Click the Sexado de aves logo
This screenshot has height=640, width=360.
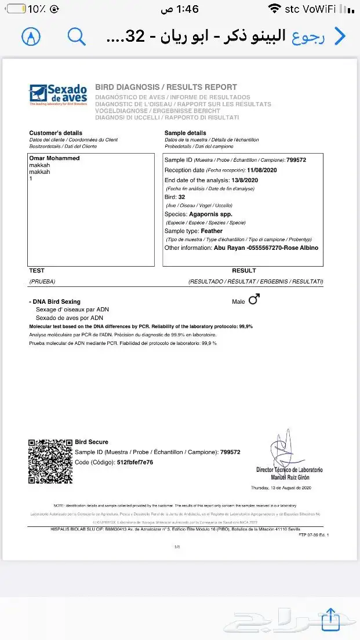(x=58, y=94)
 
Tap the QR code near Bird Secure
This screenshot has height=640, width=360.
(x=50, y=461)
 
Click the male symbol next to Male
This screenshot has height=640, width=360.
(x=254, y=299)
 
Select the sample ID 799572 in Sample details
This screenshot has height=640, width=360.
(x=296, y=160)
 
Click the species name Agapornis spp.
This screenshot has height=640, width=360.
(x=210, y=214)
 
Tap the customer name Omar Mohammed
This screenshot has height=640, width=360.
(x=54, y=158)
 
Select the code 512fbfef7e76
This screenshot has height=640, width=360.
(x=136, y=462)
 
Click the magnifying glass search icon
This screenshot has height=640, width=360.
(x=77, y=36)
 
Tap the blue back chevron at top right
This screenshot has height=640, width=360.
(x=340, y=36)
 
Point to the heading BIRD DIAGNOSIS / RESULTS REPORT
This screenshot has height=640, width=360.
(x=166, y=87)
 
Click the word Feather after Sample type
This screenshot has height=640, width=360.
(x=212, y=231)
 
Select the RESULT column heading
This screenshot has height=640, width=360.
(x=244, y=271)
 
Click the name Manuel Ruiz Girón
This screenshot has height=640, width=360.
(x=290, y=476)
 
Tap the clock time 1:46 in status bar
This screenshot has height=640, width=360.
(x=188, y=9)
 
